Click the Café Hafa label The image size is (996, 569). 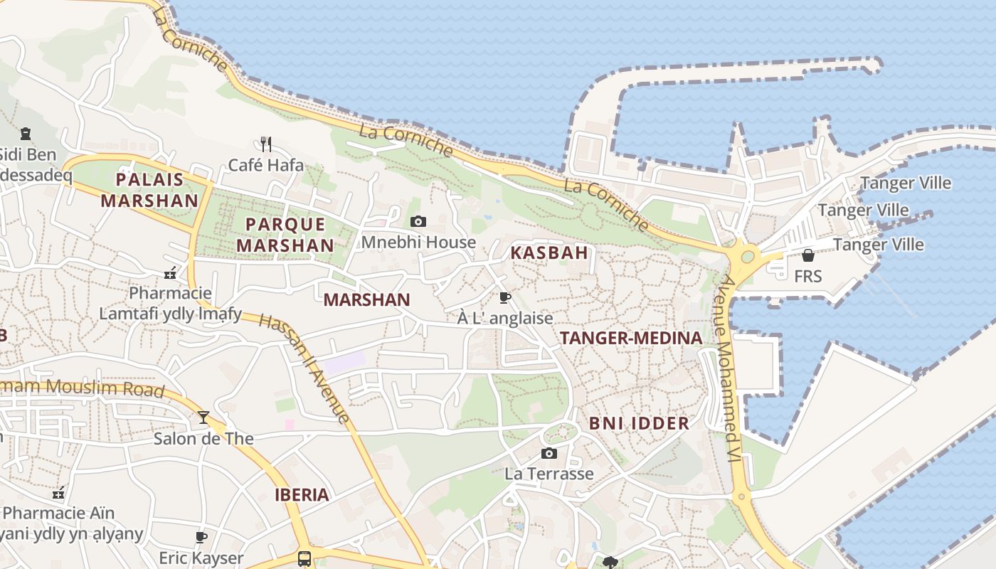coord(266,165)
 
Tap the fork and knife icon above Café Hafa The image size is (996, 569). coord(266,144)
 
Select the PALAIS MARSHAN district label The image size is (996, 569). coord(149,190)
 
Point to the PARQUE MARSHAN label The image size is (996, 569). coord(285,235)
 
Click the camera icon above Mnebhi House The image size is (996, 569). coord(418,222)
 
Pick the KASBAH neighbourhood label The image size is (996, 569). coord(549,252)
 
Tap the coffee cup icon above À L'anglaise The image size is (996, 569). coord(505,297)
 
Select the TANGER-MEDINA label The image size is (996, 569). coord(631,338)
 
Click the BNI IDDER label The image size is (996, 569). coord(639,423)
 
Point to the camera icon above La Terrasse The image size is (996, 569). coord(549,453)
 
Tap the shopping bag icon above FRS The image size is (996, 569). coord(808,255)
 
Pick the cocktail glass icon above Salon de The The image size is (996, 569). coord(203,418)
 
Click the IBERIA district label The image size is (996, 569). coord(302,495)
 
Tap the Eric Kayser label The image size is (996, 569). coord(201,558)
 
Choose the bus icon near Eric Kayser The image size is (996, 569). coord(304,558)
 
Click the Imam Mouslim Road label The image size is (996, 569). coord(82,388)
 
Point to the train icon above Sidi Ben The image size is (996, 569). coord(26,134)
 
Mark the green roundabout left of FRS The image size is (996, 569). coord(748,256)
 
